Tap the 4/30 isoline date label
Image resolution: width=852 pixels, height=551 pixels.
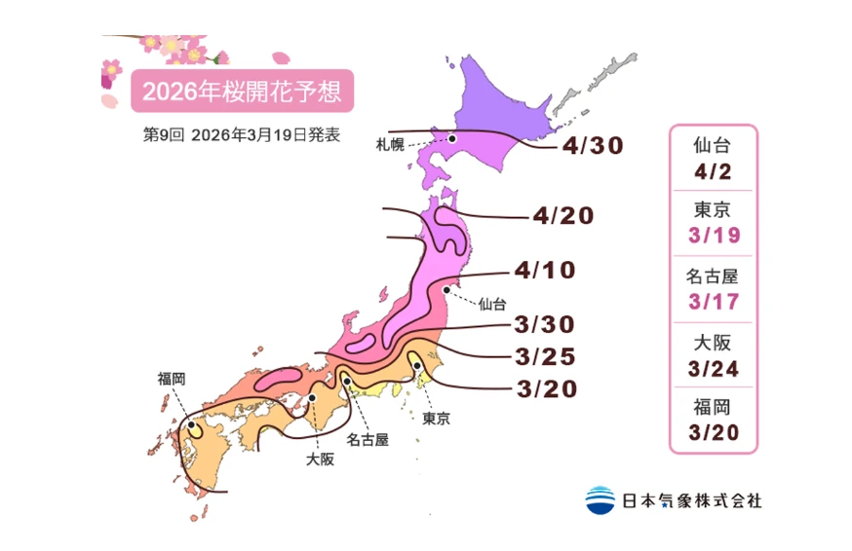(x=592, y=147)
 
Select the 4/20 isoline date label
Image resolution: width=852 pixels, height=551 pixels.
(x=563, y=215)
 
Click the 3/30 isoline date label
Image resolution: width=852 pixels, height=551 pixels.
(x=548, y=325)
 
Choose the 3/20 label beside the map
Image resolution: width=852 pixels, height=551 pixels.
(x=546, y=389)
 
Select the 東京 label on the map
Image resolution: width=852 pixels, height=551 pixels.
(x=436, y=420)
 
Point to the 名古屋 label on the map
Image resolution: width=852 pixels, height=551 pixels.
(x=368, y=439)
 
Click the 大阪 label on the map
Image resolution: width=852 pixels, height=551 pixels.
(x=320, y=459)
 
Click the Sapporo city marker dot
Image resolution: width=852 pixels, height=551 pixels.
(x=453, y=139)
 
